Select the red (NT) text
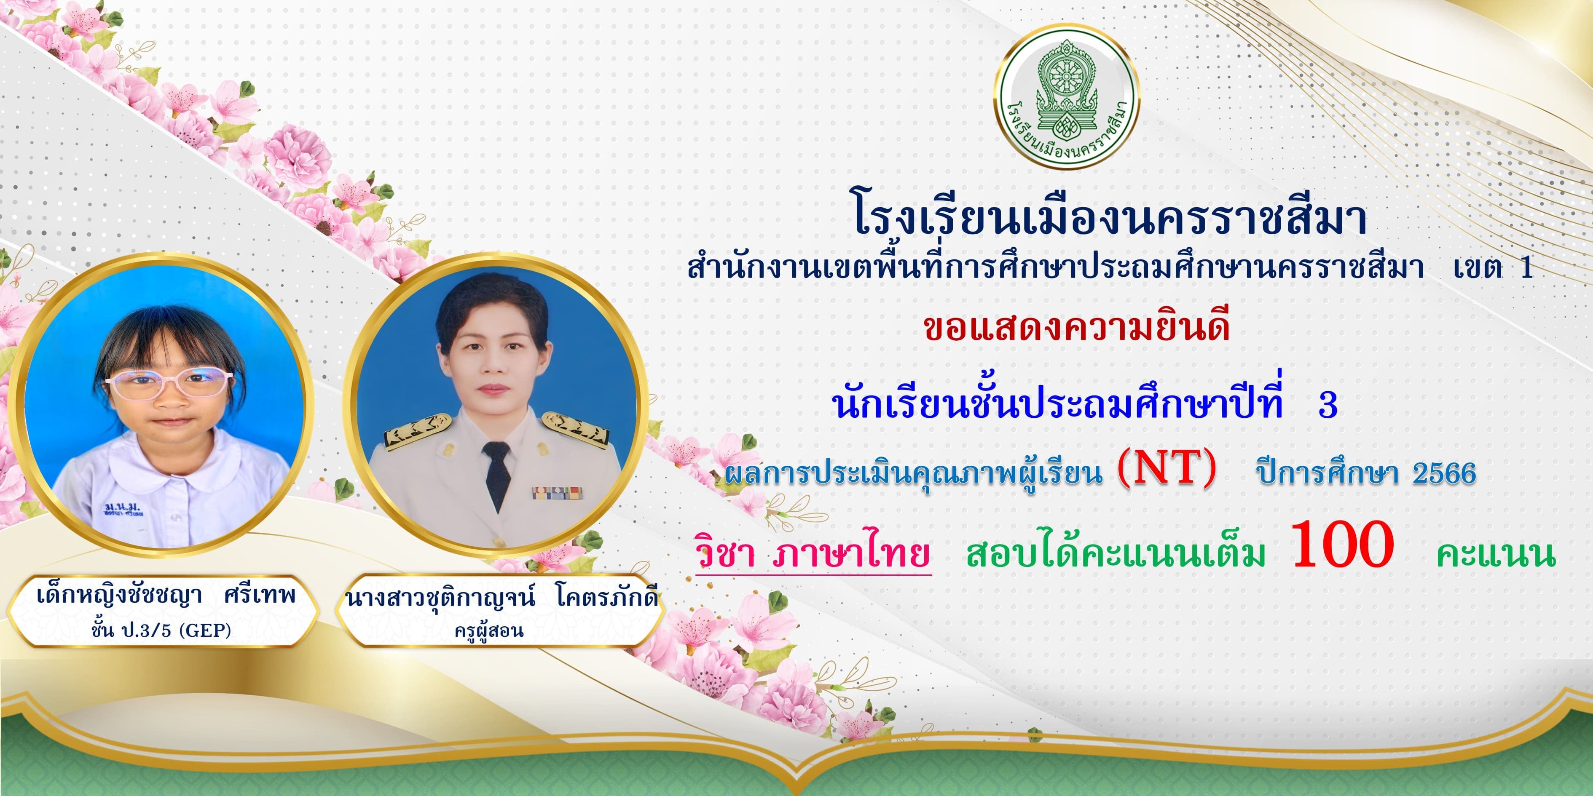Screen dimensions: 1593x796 pos(1167,469)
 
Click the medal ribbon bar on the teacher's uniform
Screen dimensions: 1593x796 pos(557,493)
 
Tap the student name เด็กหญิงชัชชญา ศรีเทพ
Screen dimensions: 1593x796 pos(166,595)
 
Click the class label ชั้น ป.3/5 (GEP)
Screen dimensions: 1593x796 pos(161,630)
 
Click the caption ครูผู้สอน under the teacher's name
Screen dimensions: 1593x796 pos(488,631)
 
